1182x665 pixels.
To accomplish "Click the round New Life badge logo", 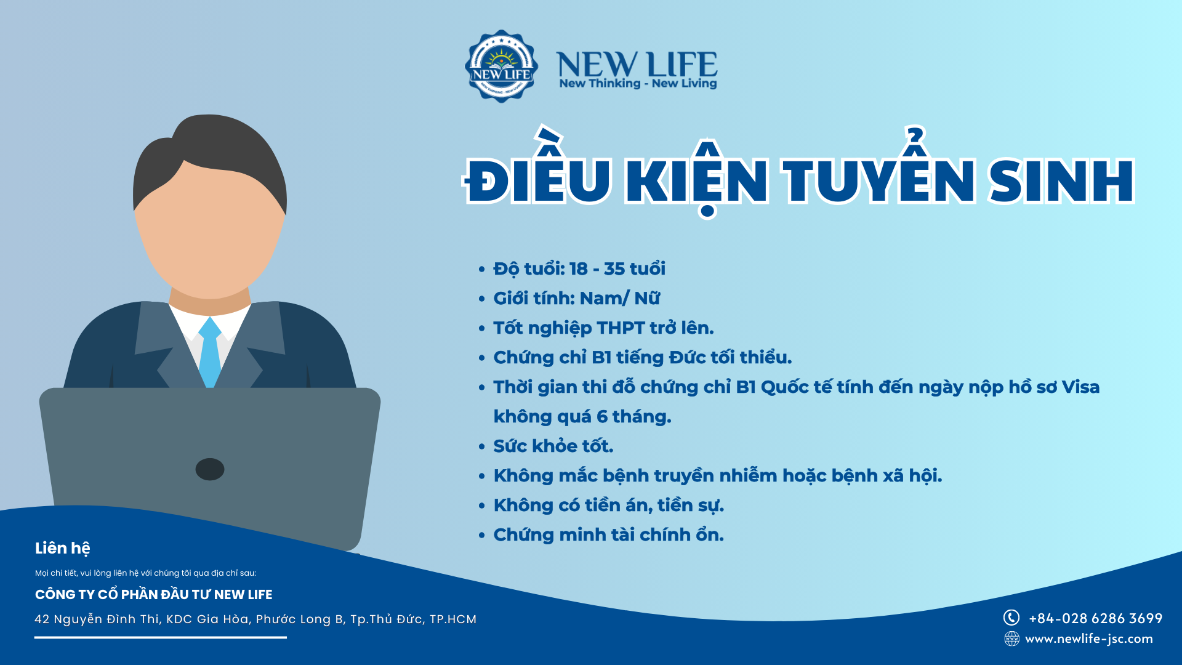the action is pyautogui.click(x=501, y=66).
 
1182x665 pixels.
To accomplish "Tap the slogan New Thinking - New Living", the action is pyautogui.click(x=638, y=83).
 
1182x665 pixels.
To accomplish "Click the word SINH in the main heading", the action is pyautogui.click(x=1061, y=181).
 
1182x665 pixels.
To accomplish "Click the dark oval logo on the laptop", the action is pyautogui.click(x=210, y=469).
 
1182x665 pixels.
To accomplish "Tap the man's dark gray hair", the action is pyautogui.click(x=209, y=160).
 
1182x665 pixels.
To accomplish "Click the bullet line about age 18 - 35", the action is pyautogui.click(x=579, y=269).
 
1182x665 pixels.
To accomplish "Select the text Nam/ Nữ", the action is pyautogui.click(x=620, y=298).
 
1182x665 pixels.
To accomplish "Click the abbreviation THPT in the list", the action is pyautogui.click(x=621, y=328).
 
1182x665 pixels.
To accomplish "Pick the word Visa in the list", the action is pyautogui.click(x=1080, y=387).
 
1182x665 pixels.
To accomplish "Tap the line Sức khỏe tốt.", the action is pyautogui.click(x=553, y=446).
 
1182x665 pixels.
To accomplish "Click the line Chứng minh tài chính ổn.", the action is pyautogui.click(x=608, y=534).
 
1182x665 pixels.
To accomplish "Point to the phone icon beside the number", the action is pyautogui.click(x=1011, y=618).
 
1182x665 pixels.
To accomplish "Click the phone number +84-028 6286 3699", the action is pyautogui.click(x=1096, y=618).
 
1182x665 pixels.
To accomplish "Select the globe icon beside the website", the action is pyautogui.click(x=1011, y=639).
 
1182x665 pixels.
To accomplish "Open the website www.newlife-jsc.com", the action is pyautogui.click(x=1089, y=639).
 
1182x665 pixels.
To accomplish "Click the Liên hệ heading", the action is pyautogui.click(x=63, y=548).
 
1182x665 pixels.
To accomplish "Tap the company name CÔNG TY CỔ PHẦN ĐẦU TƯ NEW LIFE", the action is pyautogui.click(x=154, y=595).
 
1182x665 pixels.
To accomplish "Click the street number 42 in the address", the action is pyautogui.click(x=42, y=619).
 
